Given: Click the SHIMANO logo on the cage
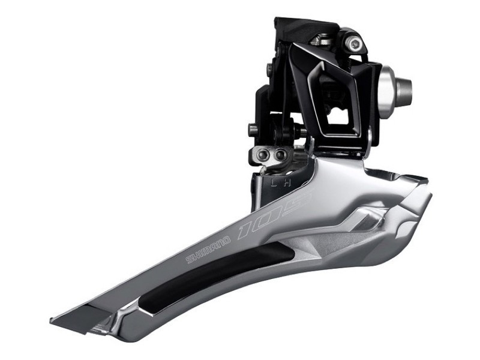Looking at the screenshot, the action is point(208,250).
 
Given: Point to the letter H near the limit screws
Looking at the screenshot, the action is point(287,183).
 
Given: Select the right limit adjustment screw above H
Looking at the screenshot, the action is point(280,155).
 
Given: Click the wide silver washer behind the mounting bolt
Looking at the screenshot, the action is point(387,88).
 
